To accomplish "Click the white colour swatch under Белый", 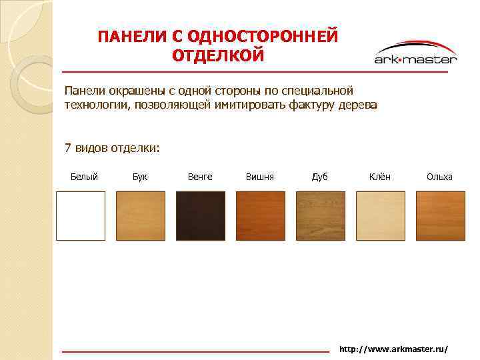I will [81, 215].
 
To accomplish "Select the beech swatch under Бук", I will [141, 215].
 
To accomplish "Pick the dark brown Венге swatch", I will [201, 215].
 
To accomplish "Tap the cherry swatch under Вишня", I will [261, 215].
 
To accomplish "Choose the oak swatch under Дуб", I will [321, 215].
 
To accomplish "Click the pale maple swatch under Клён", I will [381, 215].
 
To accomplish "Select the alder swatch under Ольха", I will [441, 215].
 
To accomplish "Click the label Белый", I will [84, 177].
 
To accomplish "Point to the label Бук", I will [140, 177].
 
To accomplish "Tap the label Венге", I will [200, 177].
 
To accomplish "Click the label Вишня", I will [260, 177].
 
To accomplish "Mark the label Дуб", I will [320, 177].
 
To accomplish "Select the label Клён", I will [380, 177].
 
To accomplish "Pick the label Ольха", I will [439, 177].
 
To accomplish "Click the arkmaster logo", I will [415, 53].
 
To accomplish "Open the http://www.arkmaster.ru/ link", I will [393, 349].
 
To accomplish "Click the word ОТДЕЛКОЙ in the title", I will [218, 55].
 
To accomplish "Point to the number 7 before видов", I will [67, 147].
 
